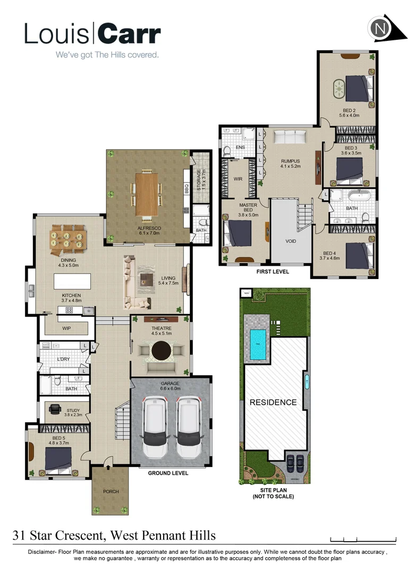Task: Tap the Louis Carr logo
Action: pyautogui.click(x=92, y=34)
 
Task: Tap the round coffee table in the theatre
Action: pyautogui.click(x=162, y=351)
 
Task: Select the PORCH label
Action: pyautogui.click(x=111, y=491)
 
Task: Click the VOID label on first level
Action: pyautogui.click(x=290, y=241)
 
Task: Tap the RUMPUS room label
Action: pyautogui.click(x=291, y=161)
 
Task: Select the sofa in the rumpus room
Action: pyautogui.click(x=291, y=138)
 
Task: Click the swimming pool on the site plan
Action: pyautogui.click(x=258, y=337)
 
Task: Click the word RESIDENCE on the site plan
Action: pyautogui.click(x=273, y=402)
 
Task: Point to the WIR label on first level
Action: pyautogui.click(x=238, y=179)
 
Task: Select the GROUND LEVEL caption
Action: pyautogui.click(x=168, y=473)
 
